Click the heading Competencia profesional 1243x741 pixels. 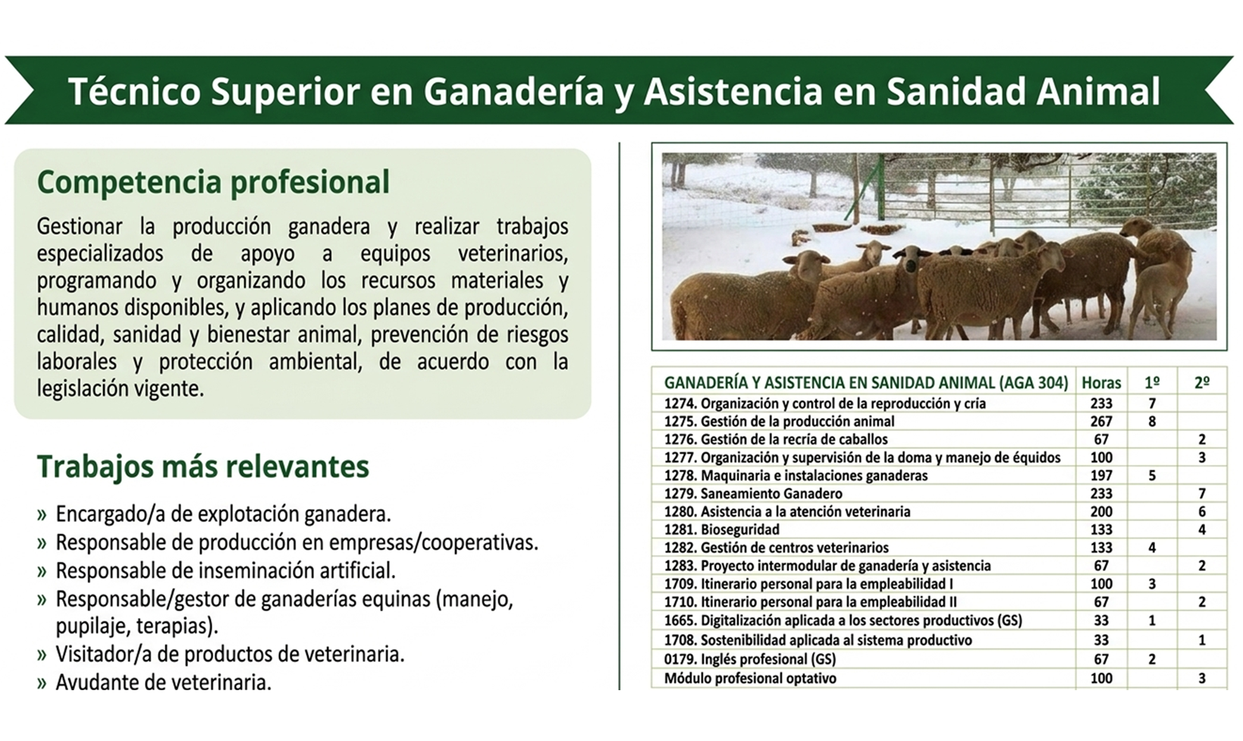tap(213, 183)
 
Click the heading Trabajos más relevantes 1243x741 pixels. tap(203, 466)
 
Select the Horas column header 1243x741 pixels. tap(1101, 383)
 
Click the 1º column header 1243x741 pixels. tap(1152, 383)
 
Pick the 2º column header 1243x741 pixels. tap(1202, 383)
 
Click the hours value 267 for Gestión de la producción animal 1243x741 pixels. tap(1101, 422)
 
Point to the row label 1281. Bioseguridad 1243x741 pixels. tap(722, 529)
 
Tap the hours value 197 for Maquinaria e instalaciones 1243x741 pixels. tap(1101, 476)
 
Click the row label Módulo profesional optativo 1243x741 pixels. tap(750, 678)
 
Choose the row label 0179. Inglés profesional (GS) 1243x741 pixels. tap(750, 659)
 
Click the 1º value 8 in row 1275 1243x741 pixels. tap(1152, 422)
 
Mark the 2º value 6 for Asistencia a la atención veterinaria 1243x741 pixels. tap(1202, 512)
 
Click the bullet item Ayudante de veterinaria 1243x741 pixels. tap(163, 682)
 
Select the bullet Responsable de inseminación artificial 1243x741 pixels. tap(226, 570)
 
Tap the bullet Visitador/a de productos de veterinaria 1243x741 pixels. tap(230, 655)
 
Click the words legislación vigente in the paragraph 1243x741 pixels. tap(120, 389)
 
